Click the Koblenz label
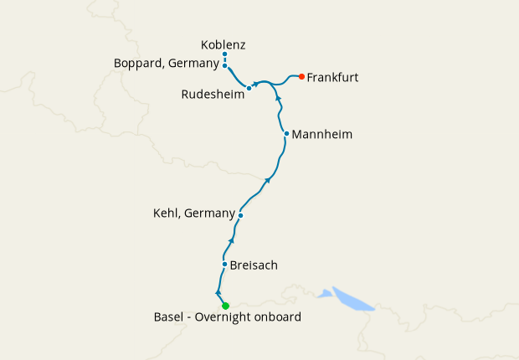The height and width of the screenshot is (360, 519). tap(224, 44)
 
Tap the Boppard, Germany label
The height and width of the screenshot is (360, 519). tap(167, 63)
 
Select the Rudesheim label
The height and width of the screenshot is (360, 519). tap(213, 95)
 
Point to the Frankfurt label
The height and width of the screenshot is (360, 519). tap(333, 78)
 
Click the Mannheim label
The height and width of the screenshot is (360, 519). tap(322, 134)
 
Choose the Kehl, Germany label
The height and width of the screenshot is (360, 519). tap(194, 213)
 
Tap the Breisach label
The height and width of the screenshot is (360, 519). tap(254, 265)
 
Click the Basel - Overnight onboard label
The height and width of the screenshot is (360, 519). tap(228, 317)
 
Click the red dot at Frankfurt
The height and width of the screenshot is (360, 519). tap(301, 77)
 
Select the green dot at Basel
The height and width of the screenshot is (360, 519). tap(225, 306)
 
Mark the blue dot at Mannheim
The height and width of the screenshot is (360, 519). tap(286, 134)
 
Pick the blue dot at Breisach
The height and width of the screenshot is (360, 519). tap(224, 265)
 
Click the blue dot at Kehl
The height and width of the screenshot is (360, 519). tap(240, 215)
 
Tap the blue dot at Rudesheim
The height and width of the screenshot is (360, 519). tap(249, 88)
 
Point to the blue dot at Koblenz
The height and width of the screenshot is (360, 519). tap(225, 54)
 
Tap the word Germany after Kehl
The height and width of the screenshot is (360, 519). tap(209, 213)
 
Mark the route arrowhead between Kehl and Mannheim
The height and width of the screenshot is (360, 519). tap(268, 179)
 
